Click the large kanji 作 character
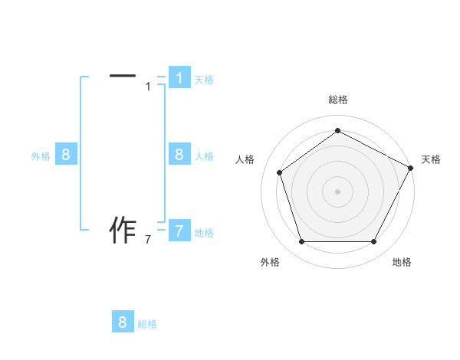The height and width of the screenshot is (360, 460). [123, 230]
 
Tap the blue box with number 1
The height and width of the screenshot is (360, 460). [179, 77]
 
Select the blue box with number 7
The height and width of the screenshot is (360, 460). [179, 231]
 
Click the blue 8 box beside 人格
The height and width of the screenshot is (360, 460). [179, 155]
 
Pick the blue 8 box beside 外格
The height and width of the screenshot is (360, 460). [66, 155]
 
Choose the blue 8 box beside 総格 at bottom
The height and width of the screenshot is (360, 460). [123, 322]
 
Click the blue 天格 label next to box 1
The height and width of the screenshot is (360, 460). [204, 79]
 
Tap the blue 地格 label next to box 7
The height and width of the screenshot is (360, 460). [204, 232]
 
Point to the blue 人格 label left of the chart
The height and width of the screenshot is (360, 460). [204, 156]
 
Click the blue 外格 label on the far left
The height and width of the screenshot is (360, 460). [41, 156]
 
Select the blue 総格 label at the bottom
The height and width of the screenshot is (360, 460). [147, 324]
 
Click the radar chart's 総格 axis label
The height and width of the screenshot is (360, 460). [337, 100]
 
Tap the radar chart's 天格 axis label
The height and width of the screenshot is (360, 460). [431, 159]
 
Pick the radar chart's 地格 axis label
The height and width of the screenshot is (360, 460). [402, 262]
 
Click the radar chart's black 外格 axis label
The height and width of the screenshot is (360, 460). [270, 262]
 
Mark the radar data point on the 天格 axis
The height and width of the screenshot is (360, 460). [410, 168]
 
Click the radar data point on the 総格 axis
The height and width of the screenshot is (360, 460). [337, 130]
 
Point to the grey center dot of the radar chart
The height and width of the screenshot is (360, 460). [337, 191]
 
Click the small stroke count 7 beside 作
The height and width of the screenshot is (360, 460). [148, 240]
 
